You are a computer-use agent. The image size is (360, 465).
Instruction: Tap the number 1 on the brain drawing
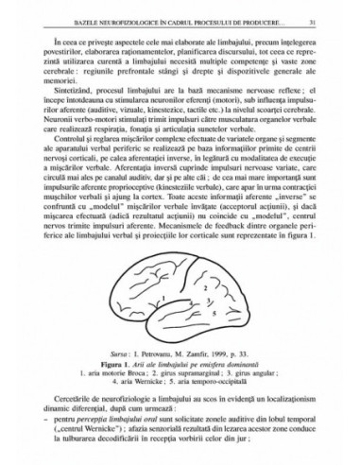coord(165,301)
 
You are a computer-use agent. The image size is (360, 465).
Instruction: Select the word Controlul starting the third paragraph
coord(71,162)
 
